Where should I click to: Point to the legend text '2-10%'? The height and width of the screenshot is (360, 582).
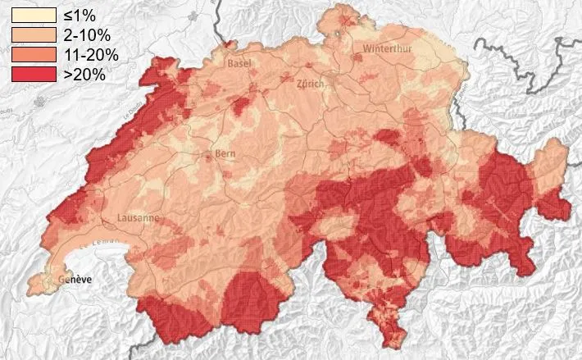(86, 35)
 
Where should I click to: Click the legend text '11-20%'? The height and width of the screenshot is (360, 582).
(90, 55)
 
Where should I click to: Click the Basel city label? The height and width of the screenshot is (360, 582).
(239, 63)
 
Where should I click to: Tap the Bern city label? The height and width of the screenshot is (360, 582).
(224, 154)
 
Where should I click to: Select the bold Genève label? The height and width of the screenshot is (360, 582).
(73, 281)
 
